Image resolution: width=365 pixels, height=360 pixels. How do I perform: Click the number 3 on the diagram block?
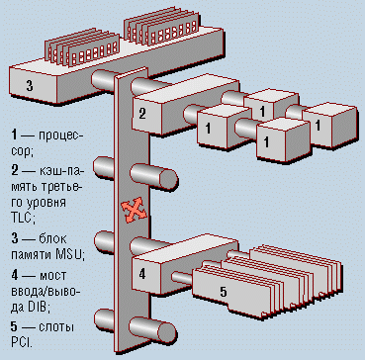point(30,86)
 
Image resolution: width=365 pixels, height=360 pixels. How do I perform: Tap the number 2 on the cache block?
point(142,114)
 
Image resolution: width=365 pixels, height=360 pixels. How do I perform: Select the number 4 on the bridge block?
point(142,274)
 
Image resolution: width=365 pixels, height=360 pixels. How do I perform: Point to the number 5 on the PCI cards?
point(224,292)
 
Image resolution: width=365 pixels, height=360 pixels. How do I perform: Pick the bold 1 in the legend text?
point(14,135)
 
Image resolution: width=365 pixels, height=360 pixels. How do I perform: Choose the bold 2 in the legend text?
point(15,171)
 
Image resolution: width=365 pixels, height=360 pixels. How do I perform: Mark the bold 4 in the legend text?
point(15,275)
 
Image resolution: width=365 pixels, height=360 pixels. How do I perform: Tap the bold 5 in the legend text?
point(14,326)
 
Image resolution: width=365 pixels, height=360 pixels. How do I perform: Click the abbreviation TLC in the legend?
point(22,219)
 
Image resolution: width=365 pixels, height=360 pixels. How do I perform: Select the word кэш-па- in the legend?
point(62,172)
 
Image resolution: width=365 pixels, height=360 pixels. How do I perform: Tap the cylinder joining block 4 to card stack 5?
point(182,278)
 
